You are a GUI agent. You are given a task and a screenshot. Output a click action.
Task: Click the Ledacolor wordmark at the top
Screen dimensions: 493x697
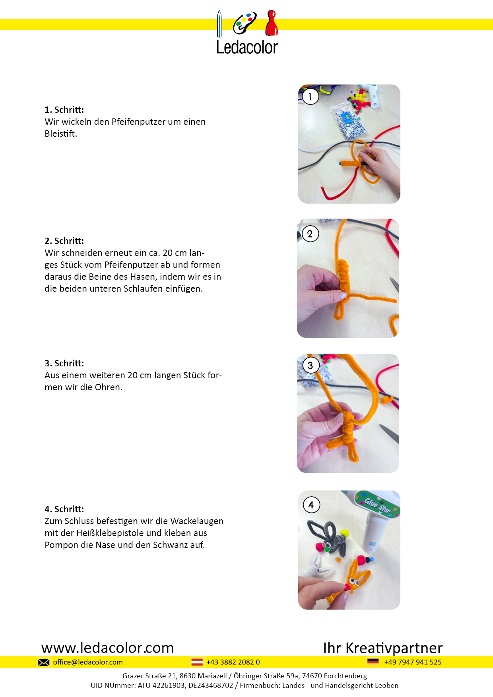coord(247,47)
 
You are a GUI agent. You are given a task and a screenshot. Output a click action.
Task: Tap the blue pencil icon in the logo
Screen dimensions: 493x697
coord(219,24)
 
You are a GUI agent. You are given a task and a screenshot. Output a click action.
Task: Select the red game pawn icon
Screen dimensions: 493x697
coord(272,23)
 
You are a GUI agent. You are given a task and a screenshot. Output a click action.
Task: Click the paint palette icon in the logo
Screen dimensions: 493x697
coord(245,23)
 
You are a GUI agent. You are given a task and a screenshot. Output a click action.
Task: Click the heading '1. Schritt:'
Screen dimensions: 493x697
coord(64,110)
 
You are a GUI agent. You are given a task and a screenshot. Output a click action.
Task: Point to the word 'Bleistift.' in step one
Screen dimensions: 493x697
coord(61,134)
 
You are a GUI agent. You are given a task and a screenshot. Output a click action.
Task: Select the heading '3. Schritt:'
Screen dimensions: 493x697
coord(64,363)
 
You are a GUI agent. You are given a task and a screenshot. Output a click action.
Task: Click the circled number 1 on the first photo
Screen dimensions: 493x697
coord(311,96)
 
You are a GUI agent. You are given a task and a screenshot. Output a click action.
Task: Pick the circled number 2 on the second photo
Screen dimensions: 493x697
coord(310,234)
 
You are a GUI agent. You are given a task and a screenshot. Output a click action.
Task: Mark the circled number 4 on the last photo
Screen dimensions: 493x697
coord(311,505)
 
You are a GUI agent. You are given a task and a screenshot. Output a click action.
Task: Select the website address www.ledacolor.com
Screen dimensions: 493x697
coord(108,648)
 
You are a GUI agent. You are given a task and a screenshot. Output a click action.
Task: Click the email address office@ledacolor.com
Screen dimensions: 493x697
coord(88,662)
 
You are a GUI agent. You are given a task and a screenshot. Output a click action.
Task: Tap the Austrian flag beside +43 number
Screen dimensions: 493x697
coord(197,662)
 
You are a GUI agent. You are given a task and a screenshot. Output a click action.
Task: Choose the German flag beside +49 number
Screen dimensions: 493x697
coord(373,662)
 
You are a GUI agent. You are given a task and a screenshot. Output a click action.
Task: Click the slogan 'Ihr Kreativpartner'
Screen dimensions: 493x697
coord(383,648)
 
